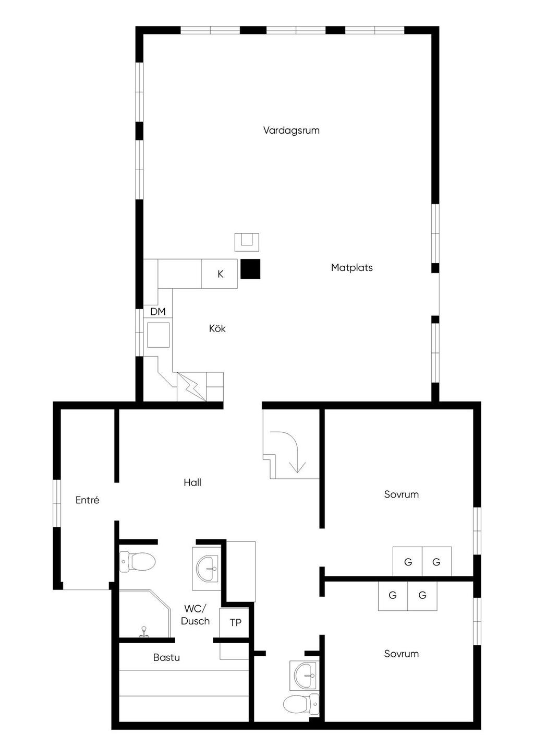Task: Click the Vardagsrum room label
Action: [292, 131]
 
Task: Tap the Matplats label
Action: [351, 268]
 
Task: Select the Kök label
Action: [217, 328]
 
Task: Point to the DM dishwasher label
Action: [158, 312]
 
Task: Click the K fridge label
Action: [220, 274]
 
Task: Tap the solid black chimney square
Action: [250, 269]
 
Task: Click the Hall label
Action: [192, 482]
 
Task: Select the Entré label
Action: [87, 500]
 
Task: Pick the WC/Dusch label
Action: [195, 615]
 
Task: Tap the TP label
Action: [236, 623]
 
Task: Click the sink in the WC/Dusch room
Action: [207, 569]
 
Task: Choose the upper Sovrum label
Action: [401, 494]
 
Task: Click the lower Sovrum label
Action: [401, 654]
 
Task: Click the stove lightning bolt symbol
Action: [191, 386]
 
